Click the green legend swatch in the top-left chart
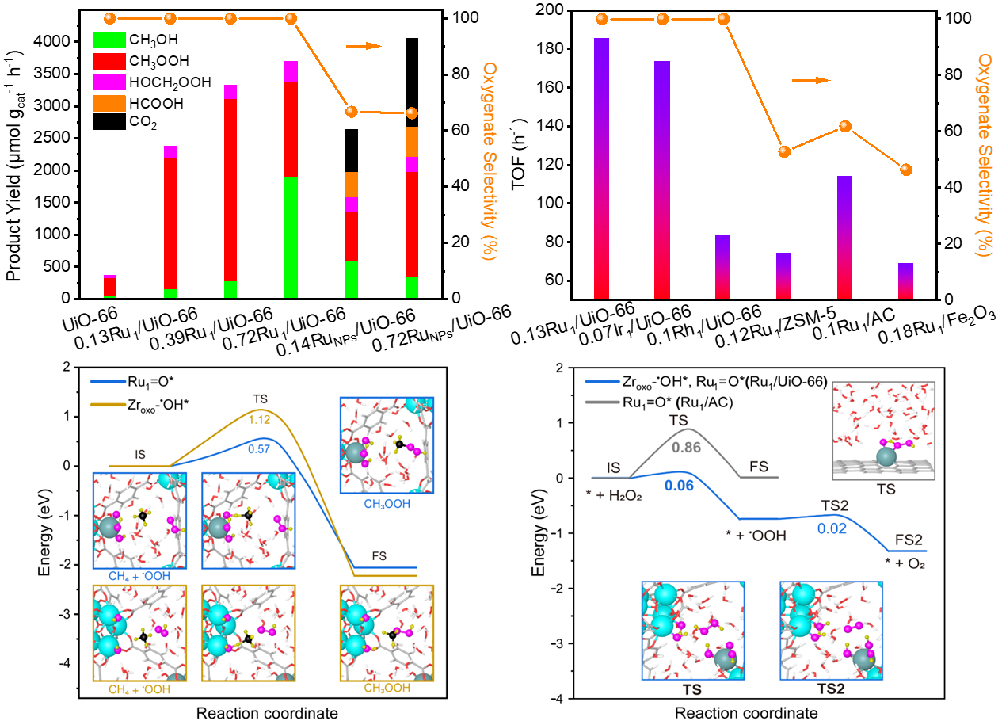click(109, 40)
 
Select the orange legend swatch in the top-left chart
click(109, 103)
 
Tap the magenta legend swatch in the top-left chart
click(109, 82)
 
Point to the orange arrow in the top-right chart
click(811, 80)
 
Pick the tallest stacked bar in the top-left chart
click(291, 179)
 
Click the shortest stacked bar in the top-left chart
click(110, 286)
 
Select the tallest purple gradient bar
click(601, 168)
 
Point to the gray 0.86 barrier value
click(687, 447)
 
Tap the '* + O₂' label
click(906, 563)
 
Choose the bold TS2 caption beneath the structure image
click(831, 689)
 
